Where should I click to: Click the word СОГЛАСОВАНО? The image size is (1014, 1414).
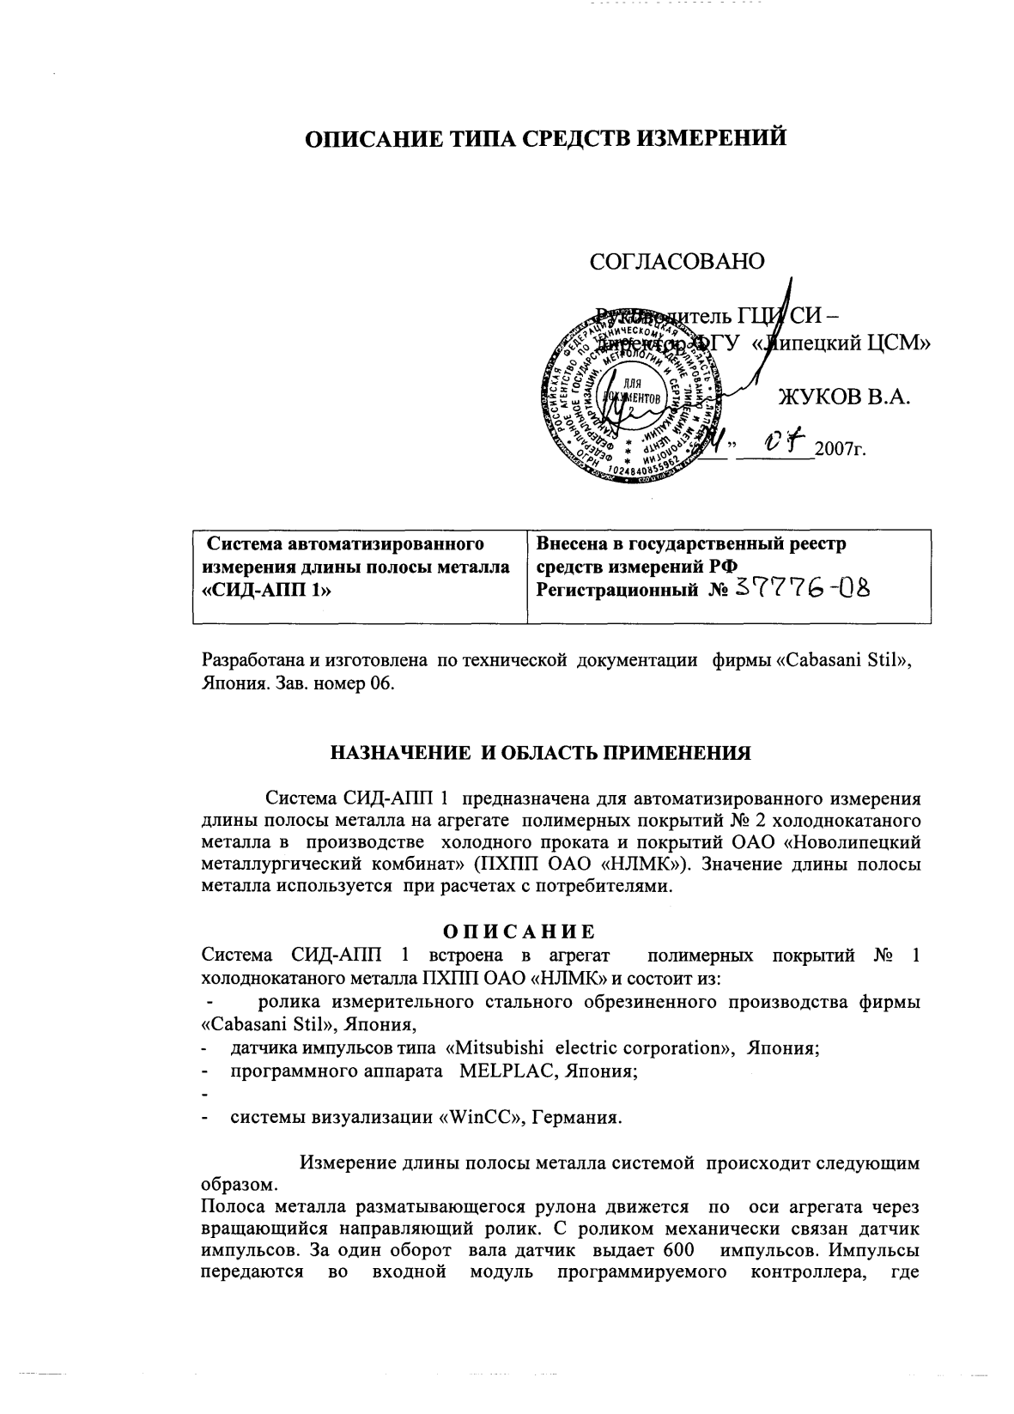tap(677, 262)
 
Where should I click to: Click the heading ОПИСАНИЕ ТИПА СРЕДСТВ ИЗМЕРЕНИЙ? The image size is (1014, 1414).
tap(548, 137)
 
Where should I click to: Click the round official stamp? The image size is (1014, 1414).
tap(625, 397)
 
